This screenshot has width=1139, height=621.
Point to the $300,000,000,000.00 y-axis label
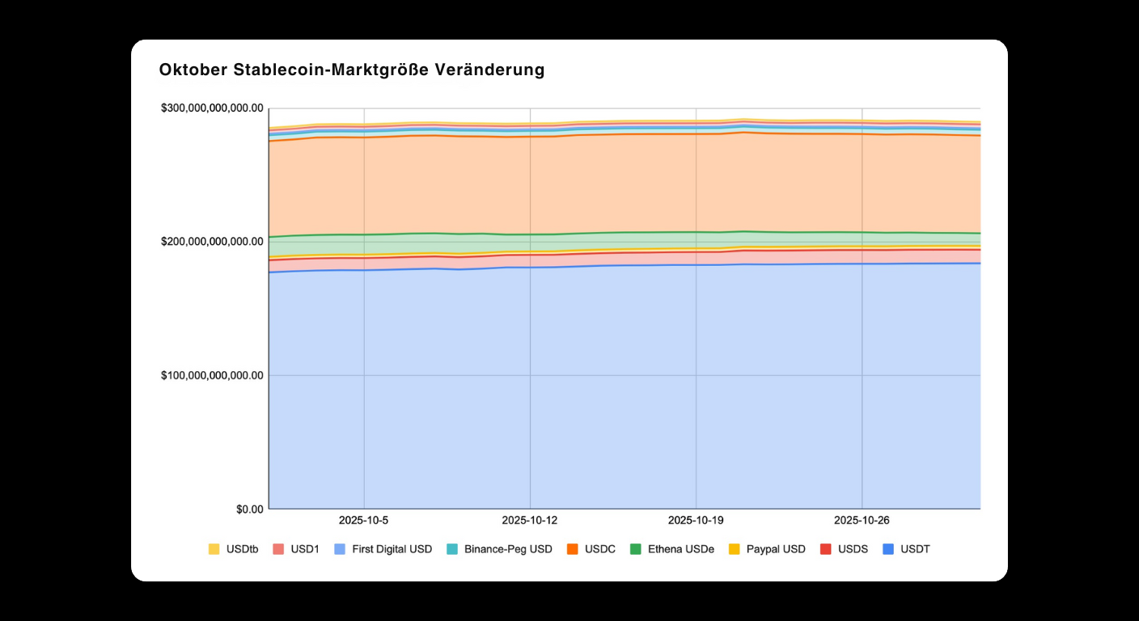click(x=212, y=108)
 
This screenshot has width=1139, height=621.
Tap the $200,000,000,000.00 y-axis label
click(x=212, y=241)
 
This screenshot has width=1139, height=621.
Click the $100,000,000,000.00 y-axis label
click(x=212, y=375)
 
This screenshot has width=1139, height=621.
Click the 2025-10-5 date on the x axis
click(x=364, y=520)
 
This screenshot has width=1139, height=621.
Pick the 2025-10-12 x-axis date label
click(x=530, y=520)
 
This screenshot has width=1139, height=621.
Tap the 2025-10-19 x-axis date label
click(x=696, y=520)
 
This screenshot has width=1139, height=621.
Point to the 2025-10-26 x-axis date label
click(x=862, y=520)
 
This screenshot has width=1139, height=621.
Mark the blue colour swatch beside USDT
click(x=888, y=549)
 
